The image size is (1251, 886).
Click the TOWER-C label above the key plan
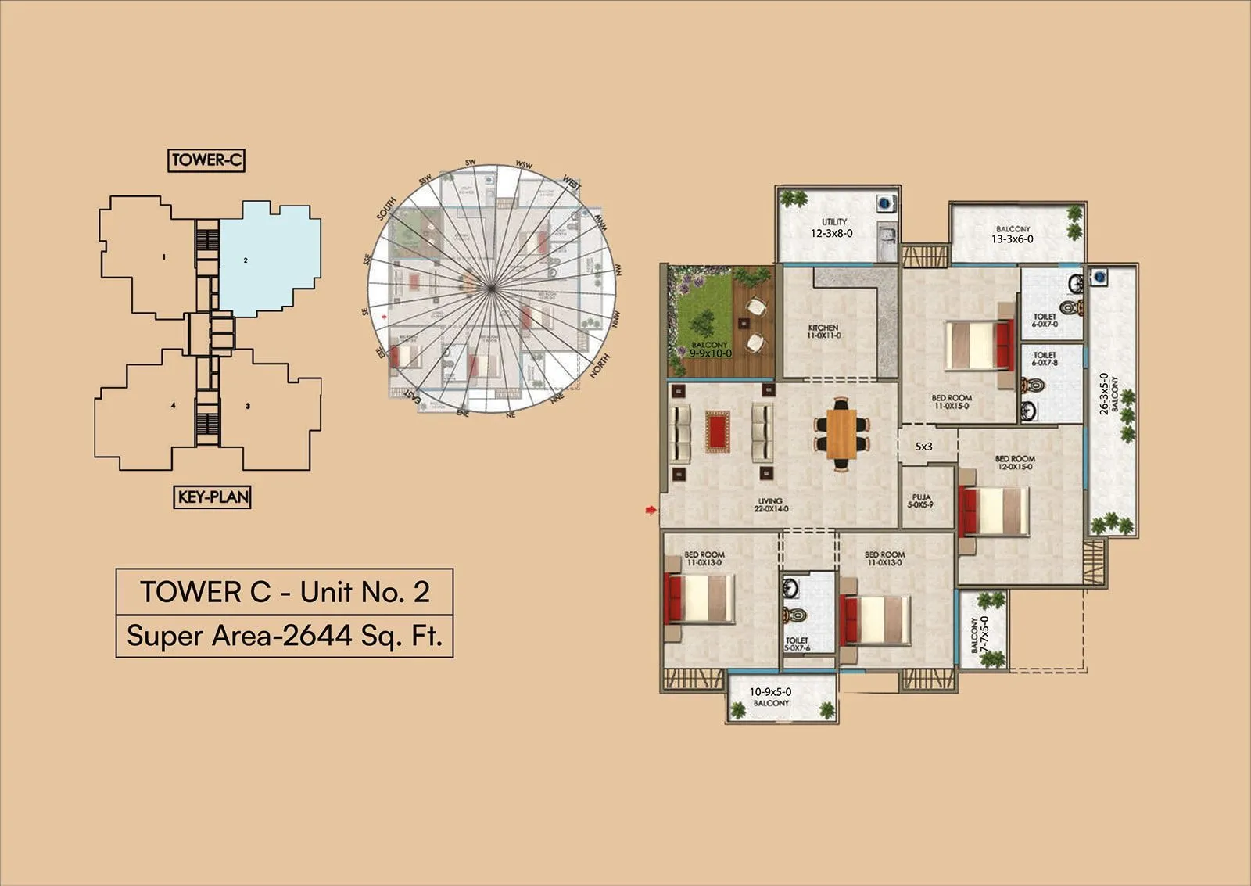tap(206, 160)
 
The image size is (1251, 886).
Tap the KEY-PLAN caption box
tap(212, 497)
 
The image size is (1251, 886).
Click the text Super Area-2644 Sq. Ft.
tap(285, 636)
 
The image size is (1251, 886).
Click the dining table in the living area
tap(841, 432)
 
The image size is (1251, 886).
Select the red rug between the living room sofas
tap(717, 432)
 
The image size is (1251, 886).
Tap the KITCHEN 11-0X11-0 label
tap(823, 332)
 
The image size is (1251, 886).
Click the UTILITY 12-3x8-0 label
tap(832, 228)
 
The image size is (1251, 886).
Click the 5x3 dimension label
tap(924, 447)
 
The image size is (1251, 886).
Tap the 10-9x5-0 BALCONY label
tap(771, 697)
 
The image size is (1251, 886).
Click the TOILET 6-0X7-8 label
tap(1045, 359)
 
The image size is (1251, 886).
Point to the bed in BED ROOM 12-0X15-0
tap(994, 511)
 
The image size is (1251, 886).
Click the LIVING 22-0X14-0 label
tap(770, 505)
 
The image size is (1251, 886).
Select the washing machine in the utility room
tap(884, 203)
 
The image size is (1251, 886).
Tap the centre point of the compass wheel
tap(491, 289)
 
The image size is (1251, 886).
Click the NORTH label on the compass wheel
tap(600, 367)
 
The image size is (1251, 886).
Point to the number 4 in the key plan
tap(173, 405)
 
